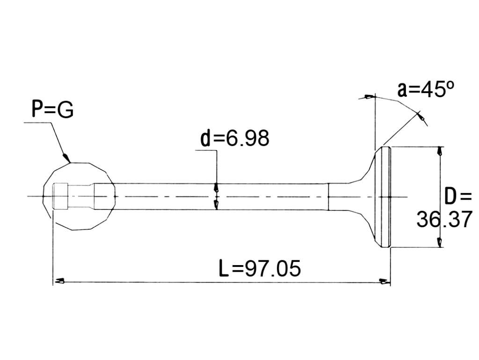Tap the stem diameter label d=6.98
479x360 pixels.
tap(235, 138)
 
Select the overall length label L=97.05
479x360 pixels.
tap(260, 268)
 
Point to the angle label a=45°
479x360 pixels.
tap(426, 89)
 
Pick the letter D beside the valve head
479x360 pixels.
tap(451, 196)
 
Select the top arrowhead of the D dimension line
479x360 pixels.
tap(439, 151)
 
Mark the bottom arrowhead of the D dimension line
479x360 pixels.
tap(439, 242)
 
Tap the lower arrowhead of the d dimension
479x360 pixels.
tap(216, 205)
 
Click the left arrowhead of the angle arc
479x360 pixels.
tap(369, 97)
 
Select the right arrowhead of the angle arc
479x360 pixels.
tap(421, 116)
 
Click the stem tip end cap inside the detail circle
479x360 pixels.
tap(60, 196)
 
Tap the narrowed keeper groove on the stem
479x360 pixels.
tap(80, 196)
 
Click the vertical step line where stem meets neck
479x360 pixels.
tap(328, 197)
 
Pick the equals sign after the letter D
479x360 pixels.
tap(465, 197)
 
